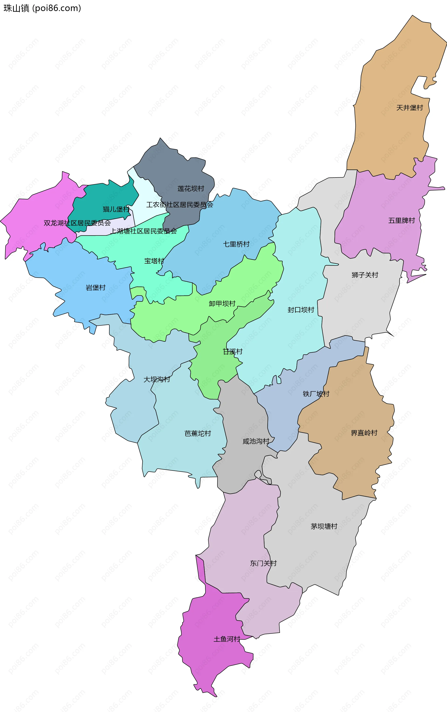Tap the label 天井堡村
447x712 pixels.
click(410, 108)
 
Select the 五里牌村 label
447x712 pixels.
click(401, 220)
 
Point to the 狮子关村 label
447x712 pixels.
click(365, 275)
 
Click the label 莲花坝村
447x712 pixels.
click(191, 188)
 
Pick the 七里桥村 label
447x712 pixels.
click(236, 244)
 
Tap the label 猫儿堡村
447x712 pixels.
click(116, 209)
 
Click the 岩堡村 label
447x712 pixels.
click(95, 288)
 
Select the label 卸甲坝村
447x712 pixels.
click(222, 304)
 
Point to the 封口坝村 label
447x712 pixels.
click(301, 310)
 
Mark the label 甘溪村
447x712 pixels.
click(232, 352)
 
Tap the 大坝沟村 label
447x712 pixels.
click(157, 379)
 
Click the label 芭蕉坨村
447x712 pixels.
click(197, 433)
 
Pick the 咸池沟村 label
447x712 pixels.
click(256, 441)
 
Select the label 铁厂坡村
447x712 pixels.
click(316, 394)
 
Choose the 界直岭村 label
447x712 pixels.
click(364, 433)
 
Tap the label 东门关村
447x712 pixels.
click(263, 563)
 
